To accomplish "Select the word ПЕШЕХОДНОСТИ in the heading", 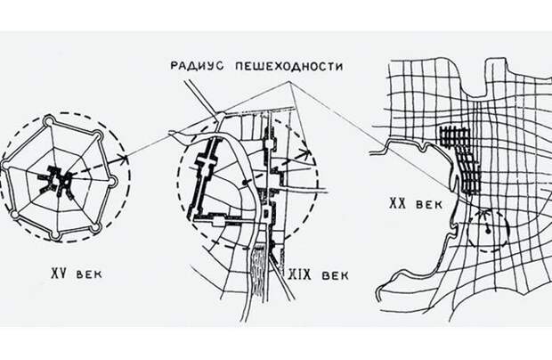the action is (288, 66).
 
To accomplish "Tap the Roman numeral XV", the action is (59, 274).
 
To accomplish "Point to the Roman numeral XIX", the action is (300, 274).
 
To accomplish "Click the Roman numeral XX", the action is (397, 203).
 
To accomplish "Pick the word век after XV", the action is (89, 274).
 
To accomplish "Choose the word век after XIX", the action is (335, 275).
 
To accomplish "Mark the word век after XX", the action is (429, 205).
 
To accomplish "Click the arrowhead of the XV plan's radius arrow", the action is (123, 159).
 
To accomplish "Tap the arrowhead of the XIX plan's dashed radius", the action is (306, 154).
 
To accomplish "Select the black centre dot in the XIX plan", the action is (245, 184).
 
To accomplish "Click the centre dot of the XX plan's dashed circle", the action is (488, 231).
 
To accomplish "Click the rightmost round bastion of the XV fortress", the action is (112, 182).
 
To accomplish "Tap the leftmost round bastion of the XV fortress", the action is (5, 165).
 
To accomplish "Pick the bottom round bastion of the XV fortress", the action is (54, 235).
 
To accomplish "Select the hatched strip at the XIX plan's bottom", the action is (258, 269).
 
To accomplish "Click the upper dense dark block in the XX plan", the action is (455, 137).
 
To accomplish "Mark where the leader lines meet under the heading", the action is (289, 83).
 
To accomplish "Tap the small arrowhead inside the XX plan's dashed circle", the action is (484, 214).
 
